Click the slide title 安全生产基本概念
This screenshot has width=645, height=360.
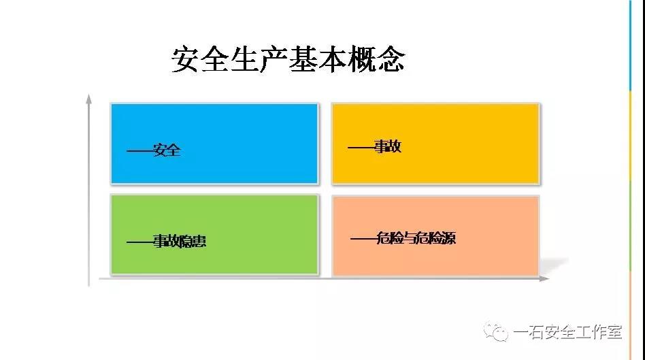[x=288, y=60]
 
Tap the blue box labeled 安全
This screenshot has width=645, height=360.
[x=214, y=143]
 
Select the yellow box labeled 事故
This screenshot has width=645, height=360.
[x=435, y=143]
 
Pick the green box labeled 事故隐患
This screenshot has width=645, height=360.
[x=214, y=234]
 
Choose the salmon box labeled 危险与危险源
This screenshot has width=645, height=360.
[x=435, y=235]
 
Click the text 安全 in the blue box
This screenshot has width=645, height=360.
[x=167, y=150]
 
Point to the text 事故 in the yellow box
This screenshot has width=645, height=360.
[x=388, y=146]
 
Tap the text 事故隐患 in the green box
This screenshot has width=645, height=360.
[x=180, y=241]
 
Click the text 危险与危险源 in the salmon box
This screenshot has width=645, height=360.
[x=416, y=238]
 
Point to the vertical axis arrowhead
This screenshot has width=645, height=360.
[x=88, y=99]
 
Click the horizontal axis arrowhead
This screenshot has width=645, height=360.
[x=544, y=278]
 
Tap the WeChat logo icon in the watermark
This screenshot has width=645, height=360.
[x=496, y=331]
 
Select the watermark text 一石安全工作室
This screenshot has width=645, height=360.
[x=567, y=332]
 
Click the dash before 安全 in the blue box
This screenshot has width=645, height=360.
[x=140, y=151]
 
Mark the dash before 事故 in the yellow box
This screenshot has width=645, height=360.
[x=361, y=147]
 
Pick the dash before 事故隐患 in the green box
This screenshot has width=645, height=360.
[x=140, y=242]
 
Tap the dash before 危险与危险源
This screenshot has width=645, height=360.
[x=363, y=239]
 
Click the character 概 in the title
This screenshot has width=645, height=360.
[x=361, y=60]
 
